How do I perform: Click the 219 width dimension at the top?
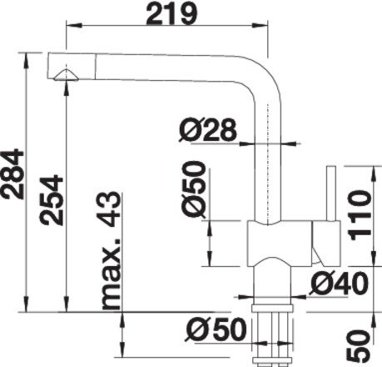171,13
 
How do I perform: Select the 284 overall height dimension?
12,174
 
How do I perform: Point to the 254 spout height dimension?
51,200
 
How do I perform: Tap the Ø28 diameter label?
208,129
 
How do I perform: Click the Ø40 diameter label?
339,283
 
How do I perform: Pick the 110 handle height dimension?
360,215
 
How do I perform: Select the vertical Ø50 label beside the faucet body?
194,189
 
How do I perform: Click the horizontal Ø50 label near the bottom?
216,329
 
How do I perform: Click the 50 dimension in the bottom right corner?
359,345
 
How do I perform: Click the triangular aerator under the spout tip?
66,75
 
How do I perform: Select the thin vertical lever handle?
331,194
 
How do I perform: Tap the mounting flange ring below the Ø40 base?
272,308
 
